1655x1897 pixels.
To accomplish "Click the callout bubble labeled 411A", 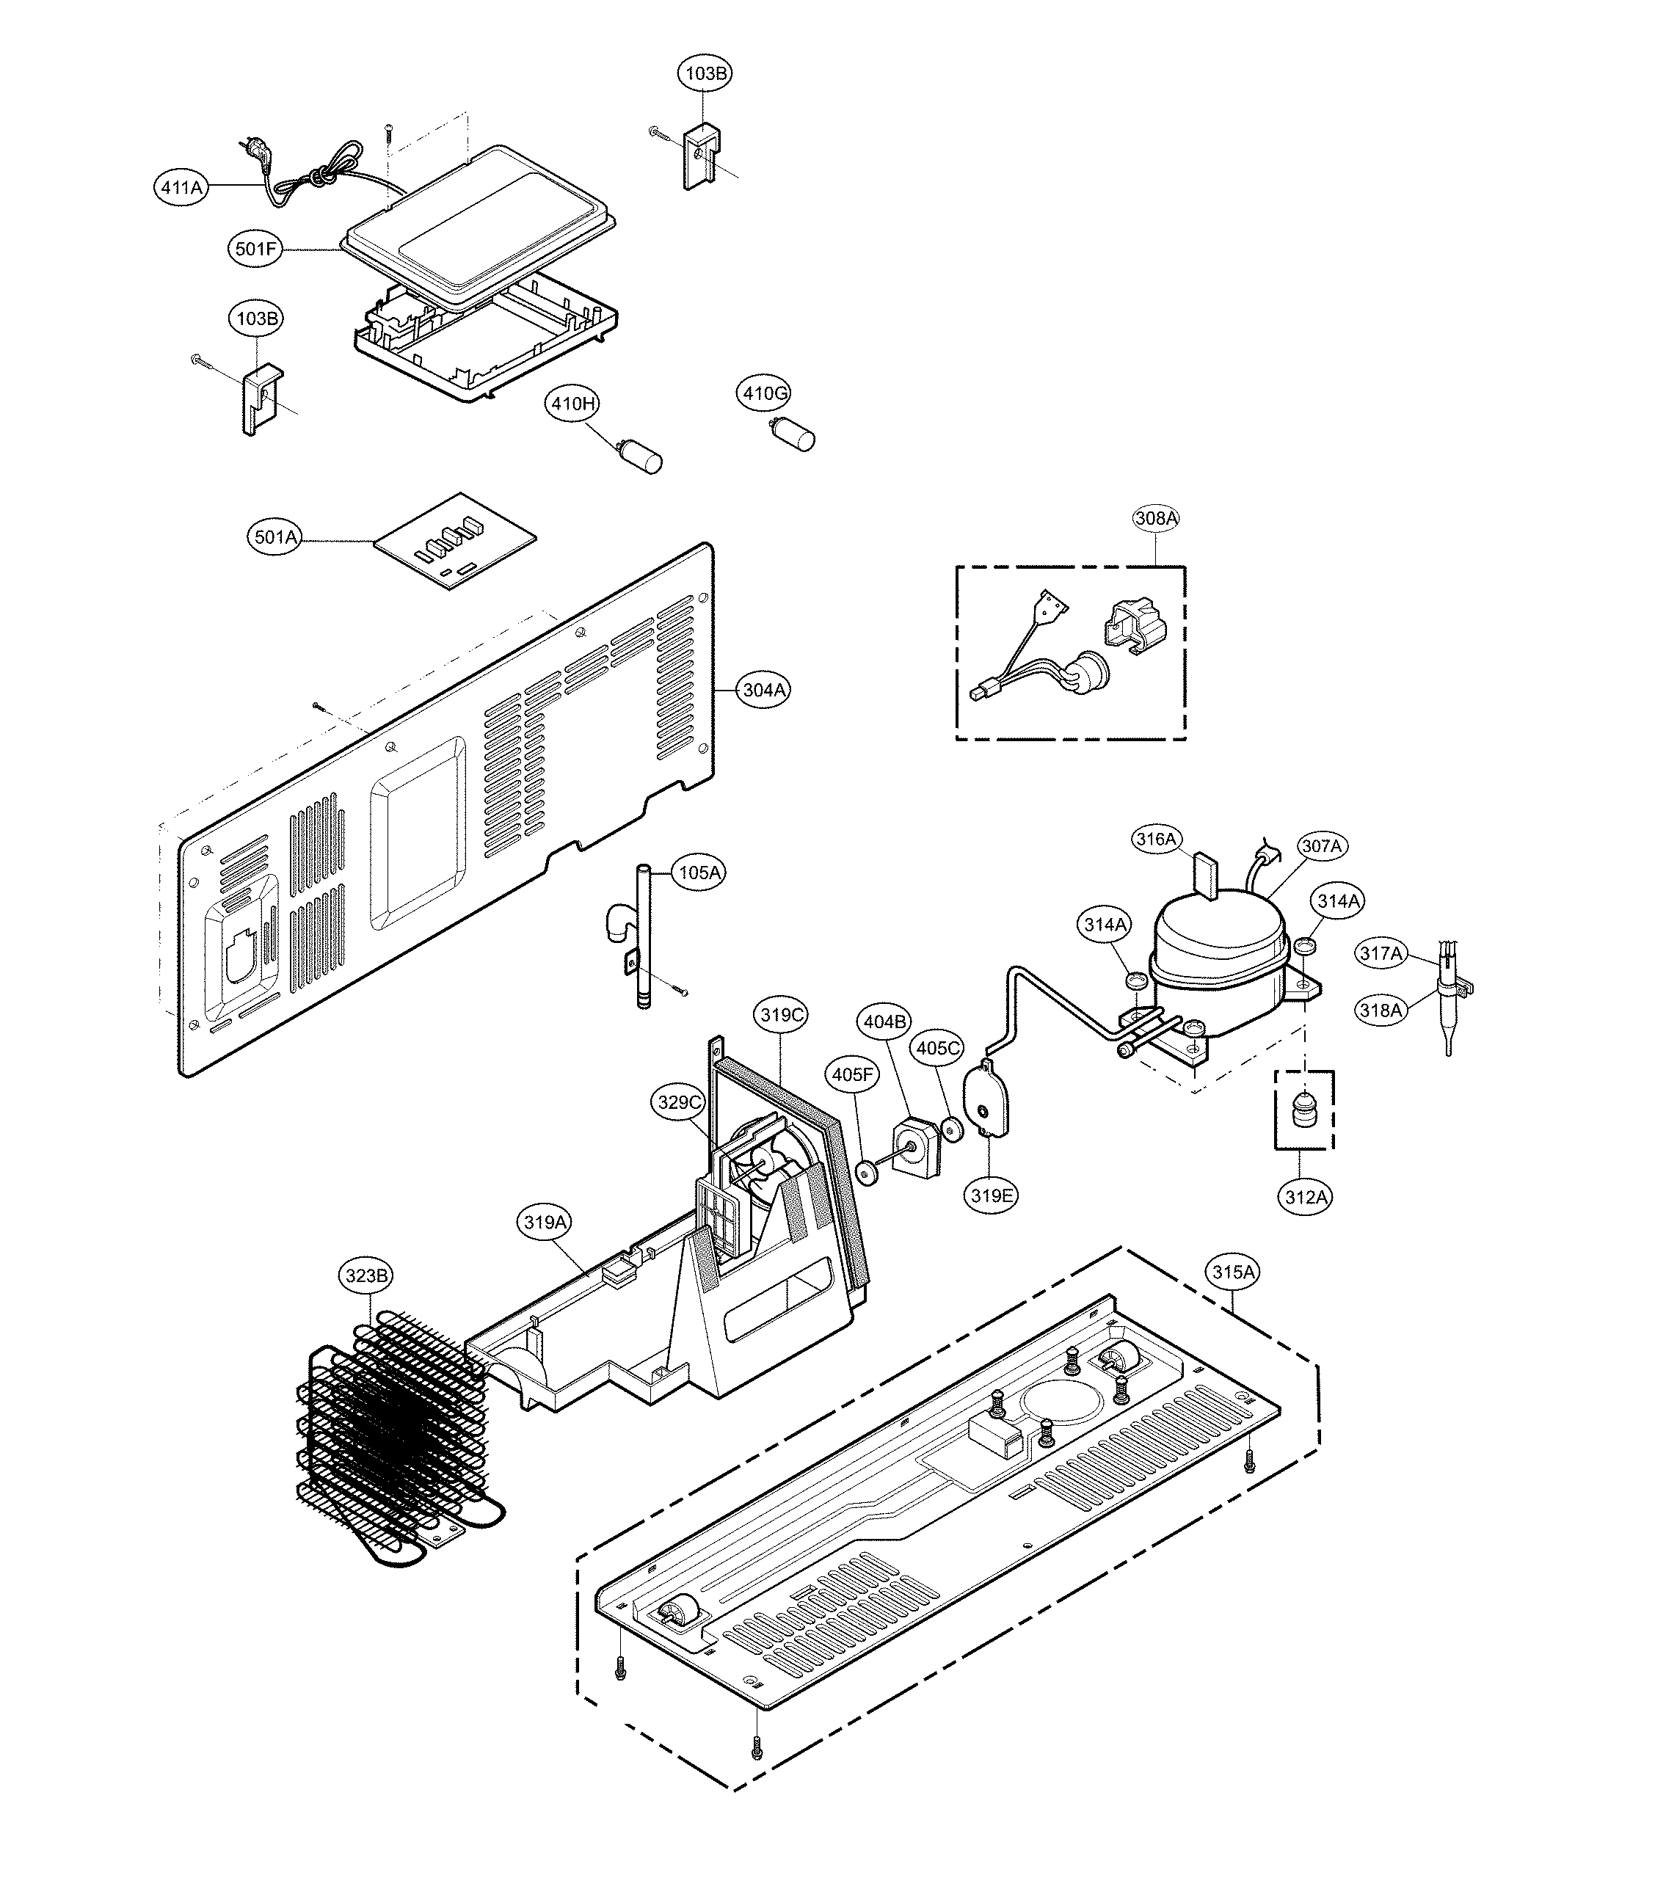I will point(181,187).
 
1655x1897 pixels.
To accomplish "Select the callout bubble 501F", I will point(255,250).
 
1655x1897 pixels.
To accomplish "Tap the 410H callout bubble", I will point(573,404).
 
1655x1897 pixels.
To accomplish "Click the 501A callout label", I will point(276,536).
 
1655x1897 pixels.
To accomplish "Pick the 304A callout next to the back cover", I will point(764,690).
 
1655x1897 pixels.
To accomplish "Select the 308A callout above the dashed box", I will point(1156,519).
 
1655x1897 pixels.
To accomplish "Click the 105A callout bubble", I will point(699,873).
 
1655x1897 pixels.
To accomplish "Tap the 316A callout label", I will point(1156,840).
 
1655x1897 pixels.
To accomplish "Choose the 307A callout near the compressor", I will point(1322,846).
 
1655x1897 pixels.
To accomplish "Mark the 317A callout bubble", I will point(1381,953).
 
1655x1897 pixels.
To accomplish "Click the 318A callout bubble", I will point(1381,1011).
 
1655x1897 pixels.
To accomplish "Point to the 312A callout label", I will point(1306,1198).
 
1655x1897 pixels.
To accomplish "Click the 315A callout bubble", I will point(1234,1272).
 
